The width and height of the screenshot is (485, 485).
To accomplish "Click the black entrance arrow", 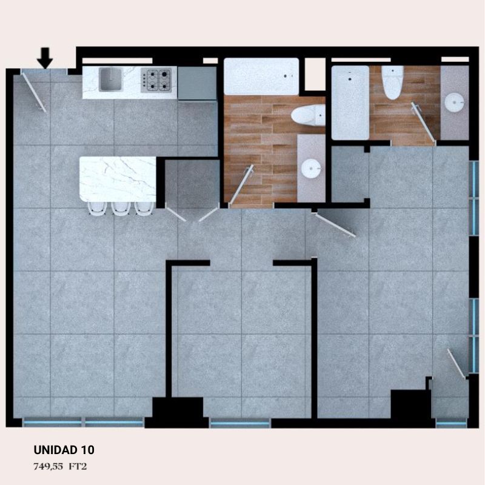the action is click(x=45, y=58).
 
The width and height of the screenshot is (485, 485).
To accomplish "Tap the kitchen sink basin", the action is click(x=110, y=79).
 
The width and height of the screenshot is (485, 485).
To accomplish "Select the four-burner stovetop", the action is click(x=156, y=80).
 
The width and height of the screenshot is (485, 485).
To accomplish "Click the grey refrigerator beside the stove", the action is click(x=197, y=84).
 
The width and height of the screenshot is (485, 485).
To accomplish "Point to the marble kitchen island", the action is click(x=118, y=179).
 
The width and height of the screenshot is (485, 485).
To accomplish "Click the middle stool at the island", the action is click(x=121, y=208).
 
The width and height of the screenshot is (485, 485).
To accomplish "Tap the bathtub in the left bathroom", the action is click(x=261, y=76).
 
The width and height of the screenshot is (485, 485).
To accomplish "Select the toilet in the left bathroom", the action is click(x=308, y=115).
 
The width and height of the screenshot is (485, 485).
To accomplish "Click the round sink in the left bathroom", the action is click(x=312, y=169).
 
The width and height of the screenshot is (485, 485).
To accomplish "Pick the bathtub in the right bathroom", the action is click(x=350, y=103).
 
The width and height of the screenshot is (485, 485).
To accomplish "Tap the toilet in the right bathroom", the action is click(x=392, y=82).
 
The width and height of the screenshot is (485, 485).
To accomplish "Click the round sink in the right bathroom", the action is click(x=454, y=102).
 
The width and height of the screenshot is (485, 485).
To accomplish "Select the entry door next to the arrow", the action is click(x=34, y=90).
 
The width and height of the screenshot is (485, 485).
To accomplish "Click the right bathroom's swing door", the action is click(x=423, y=124).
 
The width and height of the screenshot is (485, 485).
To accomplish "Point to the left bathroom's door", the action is click(x=241, y=185).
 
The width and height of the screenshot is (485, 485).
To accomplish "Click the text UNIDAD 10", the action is click(x=64, y=450).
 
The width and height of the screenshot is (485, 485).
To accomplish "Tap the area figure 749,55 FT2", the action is click(x=60, y=466).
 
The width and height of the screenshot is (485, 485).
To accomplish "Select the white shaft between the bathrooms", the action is click(x=315, y=74).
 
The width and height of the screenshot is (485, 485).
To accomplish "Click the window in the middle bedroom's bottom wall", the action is click(x=240, y=423).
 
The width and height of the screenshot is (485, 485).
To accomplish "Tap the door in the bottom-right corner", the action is click(x=457, y=363).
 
